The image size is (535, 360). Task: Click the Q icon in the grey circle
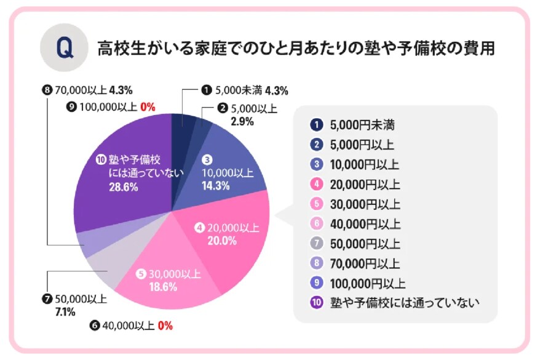[x=61, y=49]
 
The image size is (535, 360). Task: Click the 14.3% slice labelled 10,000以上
[x=231, y=166]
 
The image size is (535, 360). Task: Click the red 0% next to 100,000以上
[x=148, y=106]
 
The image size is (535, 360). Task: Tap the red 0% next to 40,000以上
[x=165, y=326]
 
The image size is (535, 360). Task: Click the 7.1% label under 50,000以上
[x=65, y=312]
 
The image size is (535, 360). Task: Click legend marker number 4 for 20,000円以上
[x=317, y=185]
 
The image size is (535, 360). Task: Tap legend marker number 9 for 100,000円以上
[x=317, y=284]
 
